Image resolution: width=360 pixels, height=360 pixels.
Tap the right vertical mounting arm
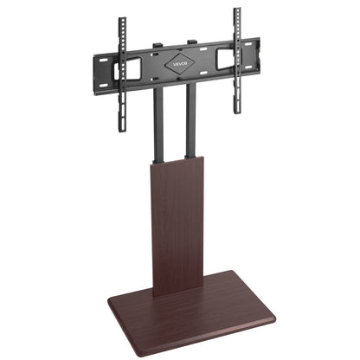[x=236, y=52]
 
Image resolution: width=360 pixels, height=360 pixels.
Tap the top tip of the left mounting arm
[x=122, y=19]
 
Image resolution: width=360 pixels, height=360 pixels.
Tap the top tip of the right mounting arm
[x=236, y=10]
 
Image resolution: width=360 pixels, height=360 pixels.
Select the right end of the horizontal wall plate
[x=257, y=48]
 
